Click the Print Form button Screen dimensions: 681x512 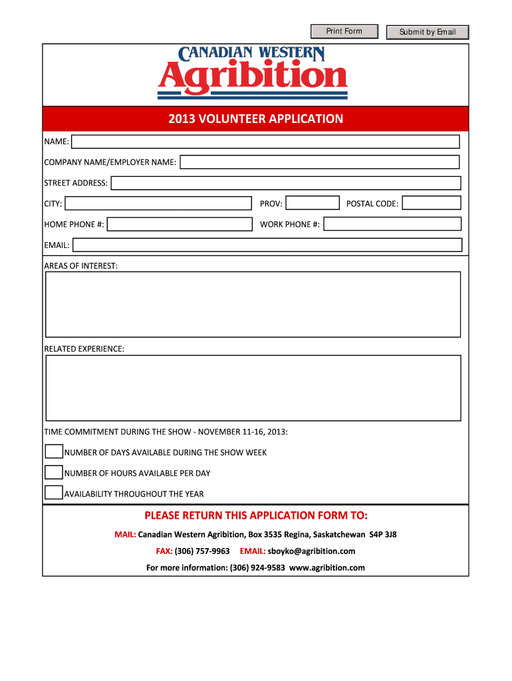[344, 31]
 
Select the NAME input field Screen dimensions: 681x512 [265, 142]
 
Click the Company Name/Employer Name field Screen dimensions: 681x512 [320, 162]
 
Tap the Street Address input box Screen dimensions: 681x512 [285, 183]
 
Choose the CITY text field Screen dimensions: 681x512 [158, 204]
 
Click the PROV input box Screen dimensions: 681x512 [312, 204]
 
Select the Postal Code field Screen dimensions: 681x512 [432, 204]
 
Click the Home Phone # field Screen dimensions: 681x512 [180, 224]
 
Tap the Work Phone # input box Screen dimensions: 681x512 [392, 224]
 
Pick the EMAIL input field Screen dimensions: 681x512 [267, 245]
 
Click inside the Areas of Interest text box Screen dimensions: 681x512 [253, 304]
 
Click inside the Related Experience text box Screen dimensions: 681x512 [253, 388]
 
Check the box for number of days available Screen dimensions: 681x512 [54, 452]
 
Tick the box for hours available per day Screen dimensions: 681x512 [54, 473]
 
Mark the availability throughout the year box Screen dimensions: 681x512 [54, 493]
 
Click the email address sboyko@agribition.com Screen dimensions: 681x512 [311, 551]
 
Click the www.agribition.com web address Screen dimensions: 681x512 [327, 568]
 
